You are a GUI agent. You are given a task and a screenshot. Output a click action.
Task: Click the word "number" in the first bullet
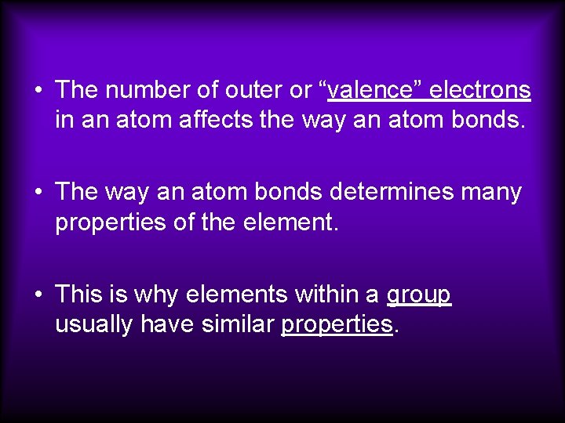pyautogui.click(x=143, y=90)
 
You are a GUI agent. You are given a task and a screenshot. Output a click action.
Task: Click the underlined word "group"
pyautogui.click(x=419, y=295)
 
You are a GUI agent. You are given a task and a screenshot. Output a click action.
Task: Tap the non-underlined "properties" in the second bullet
pyautogui.click(x=109, y=223)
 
